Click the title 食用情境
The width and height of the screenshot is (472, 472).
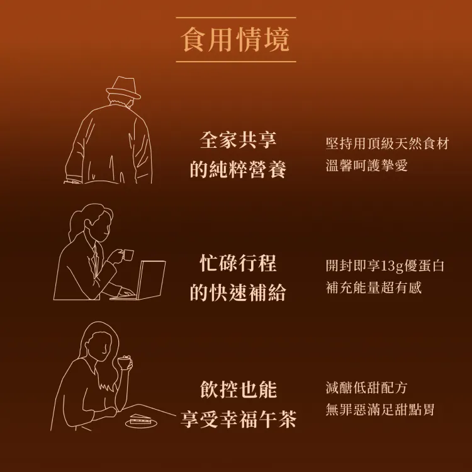point(236,40)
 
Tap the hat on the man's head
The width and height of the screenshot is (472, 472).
point(123,88)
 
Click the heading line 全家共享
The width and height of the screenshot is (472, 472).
point(238,140)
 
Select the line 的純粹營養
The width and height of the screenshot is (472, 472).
point(238,169)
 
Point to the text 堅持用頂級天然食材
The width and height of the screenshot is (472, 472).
point(388,143)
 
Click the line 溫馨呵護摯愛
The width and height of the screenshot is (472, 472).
point(367,166)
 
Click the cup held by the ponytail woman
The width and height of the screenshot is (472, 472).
point(128,256)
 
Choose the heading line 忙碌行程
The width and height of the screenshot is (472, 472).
point(238,263)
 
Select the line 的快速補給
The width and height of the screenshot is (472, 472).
point(238,292)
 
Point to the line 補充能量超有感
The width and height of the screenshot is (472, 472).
point(374,288)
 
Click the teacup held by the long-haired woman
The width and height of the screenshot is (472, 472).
point(125,362)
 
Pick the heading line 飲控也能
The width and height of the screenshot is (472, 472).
point(239,389)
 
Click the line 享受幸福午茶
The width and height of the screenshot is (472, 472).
point(239,419)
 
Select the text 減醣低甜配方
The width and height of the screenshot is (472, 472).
point(366,388)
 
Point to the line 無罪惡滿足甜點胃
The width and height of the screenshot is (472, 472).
point(380,410)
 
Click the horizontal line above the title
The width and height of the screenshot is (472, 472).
point(236,18)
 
